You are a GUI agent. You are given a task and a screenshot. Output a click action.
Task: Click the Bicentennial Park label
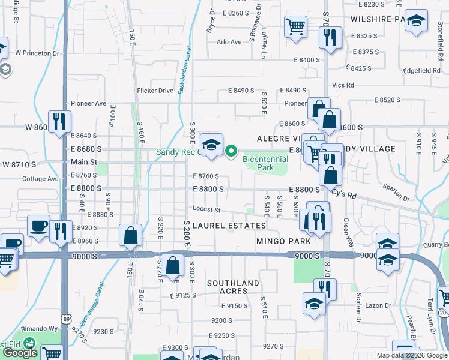pyautogui.click(x=265, y=163)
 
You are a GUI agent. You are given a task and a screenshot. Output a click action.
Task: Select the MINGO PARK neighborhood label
pyautogui.click(x=283, y=241)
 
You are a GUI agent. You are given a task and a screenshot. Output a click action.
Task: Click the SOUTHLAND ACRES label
pyautogui.click(x=234, y=287)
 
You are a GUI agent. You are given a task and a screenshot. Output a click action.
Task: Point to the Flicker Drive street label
pyautogui.click(x=155, y=91)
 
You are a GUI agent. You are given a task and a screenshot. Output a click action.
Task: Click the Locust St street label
pyautogui.click(x=207, y=209)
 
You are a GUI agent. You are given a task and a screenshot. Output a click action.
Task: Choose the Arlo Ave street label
pyautogui.click(x=229, y=42)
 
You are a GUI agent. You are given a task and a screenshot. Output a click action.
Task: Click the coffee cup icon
pyautogui.click(x=39, y=226)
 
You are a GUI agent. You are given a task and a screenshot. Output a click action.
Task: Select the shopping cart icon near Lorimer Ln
pyautogui.click(x=295, y=26)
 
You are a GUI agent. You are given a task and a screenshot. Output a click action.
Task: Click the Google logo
pyautogui.click(x=19, y=353)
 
